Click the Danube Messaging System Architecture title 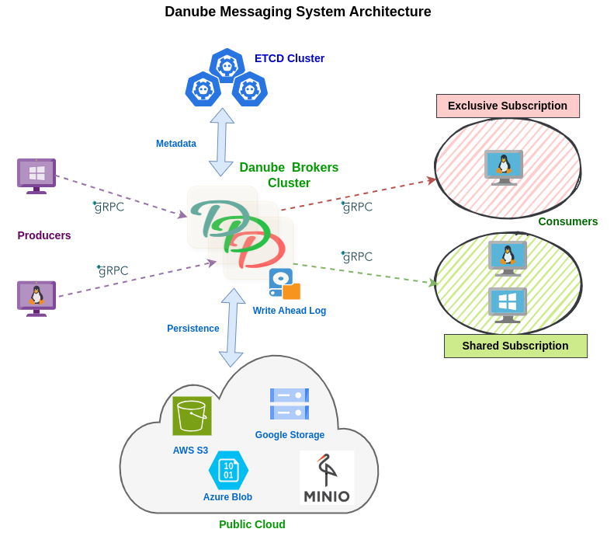point(297,12)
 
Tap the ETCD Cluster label point(289,58)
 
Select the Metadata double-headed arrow point(221,142)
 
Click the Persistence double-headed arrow point(232,327)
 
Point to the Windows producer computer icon point(36,176)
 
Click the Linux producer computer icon point(36,298)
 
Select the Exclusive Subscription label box point(508,106)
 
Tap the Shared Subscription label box point(515,346)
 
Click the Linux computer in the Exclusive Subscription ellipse point(504,167)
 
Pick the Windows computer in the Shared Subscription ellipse point(508,305)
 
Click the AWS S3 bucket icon point(192,416)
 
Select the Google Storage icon point(290,404)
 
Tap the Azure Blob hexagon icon point(228,470)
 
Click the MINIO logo point(327,478)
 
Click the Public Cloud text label point(252,524)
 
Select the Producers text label point(44,235)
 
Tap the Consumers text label point(567,221)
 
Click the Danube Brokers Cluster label point(289,175)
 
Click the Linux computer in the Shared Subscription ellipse point(508,257)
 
